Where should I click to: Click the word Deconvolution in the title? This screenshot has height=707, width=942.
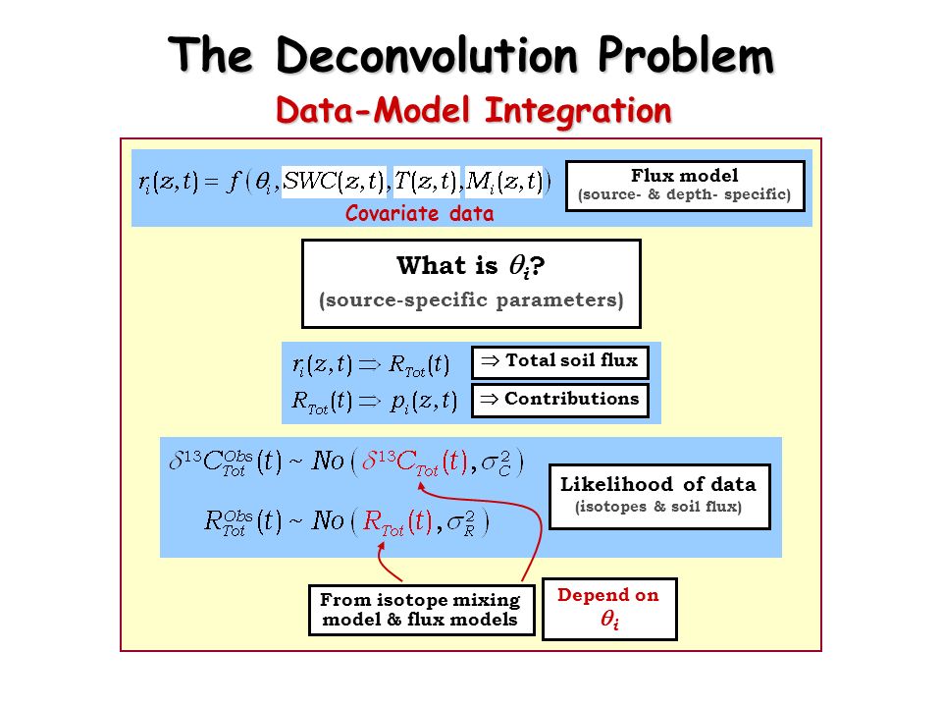[x=427, y=55]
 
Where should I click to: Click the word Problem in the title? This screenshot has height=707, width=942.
[x=686, y=55]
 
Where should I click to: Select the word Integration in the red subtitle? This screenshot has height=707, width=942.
[x=578, y=112]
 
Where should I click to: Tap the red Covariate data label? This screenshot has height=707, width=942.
[x=419, y=213]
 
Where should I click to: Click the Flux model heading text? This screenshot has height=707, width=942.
[x=684, y=176]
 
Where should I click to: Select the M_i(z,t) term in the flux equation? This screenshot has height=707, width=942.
[x=504, y=182]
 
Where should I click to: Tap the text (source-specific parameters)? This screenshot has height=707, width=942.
[x=472, y=299]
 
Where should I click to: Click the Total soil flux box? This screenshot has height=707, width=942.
[x=560, y=362]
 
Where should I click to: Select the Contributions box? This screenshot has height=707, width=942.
[x=560, y=400]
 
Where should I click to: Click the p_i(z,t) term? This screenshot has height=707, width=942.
[x=424, y=402]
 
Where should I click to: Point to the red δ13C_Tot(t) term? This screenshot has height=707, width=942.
[x=414, y=462]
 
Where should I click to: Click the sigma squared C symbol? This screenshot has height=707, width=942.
[x=497, y=462]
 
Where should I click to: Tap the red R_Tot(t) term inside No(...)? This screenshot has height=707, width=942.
[x=397, y=521]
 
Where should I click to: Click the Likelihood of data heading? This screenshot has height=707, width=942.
[x=657, y=484]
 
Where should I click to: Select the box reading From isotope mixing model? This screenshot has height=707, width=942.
[x=421, y=610]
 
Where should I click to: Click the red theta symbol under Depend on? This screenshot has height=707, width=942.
[x=609, y=620]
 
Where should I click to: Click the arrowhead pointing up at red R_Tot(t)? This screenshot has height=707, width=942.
[x=382, y=547]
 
